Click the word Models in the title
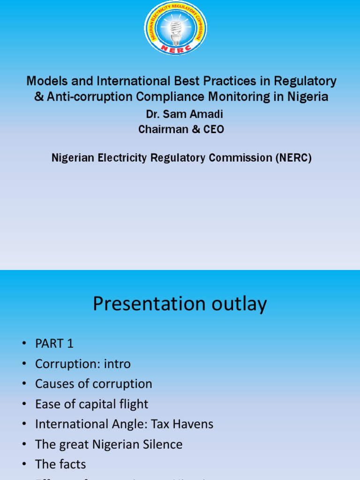point(44,81)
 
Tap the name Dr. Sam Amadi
point(181,114)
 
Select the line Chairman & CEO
point(181,129)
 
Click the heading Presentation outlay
point(180,304)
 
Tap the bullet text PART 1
point(54,344)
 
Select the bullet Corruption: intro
point(83,364)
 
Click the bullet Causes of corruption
point(94,384)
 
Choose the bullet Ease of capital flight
point(92,404)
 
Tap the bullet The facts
point(60,465)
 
